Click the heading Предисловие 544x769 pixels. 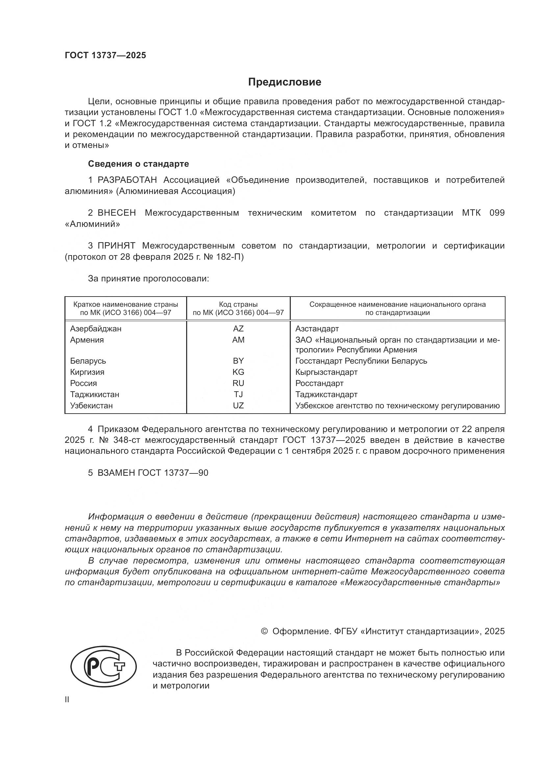tap(284, 82)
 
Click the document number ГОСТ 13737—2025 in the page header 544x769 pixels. tap(106, 56)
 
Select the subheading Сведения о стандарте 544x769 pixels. tap(138, 164)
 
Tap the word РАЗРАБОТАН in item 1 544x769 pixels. tap(127, 180)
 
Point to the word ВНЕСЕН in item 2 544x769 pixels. tap(116, 213)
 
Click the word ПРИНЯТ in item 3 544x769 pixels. tap(116, 246)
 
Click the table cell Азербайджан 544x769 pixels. tap(96, 328)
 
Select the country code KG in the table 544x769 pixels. tap(238, 372)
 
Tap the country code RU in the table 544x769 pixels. tap(238, 383)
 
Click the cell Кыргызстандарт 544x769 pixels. tap(326, 372)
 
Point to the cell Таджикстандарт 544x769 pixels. tap(326, 395)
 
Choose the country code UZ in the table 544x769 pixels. tap(238, 406)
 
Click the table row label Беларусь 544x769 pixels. tap(88, 361)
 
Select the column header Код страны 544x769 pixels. tap(238, 304)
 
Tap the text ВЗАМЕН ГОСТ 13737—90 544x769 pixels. tap(153, 473)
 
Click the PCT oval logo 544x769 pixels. tap(104, 669)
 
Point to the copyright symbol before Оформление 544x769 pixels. tap(264, 631)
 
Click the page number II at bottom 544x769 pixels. tap(67, 700)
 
